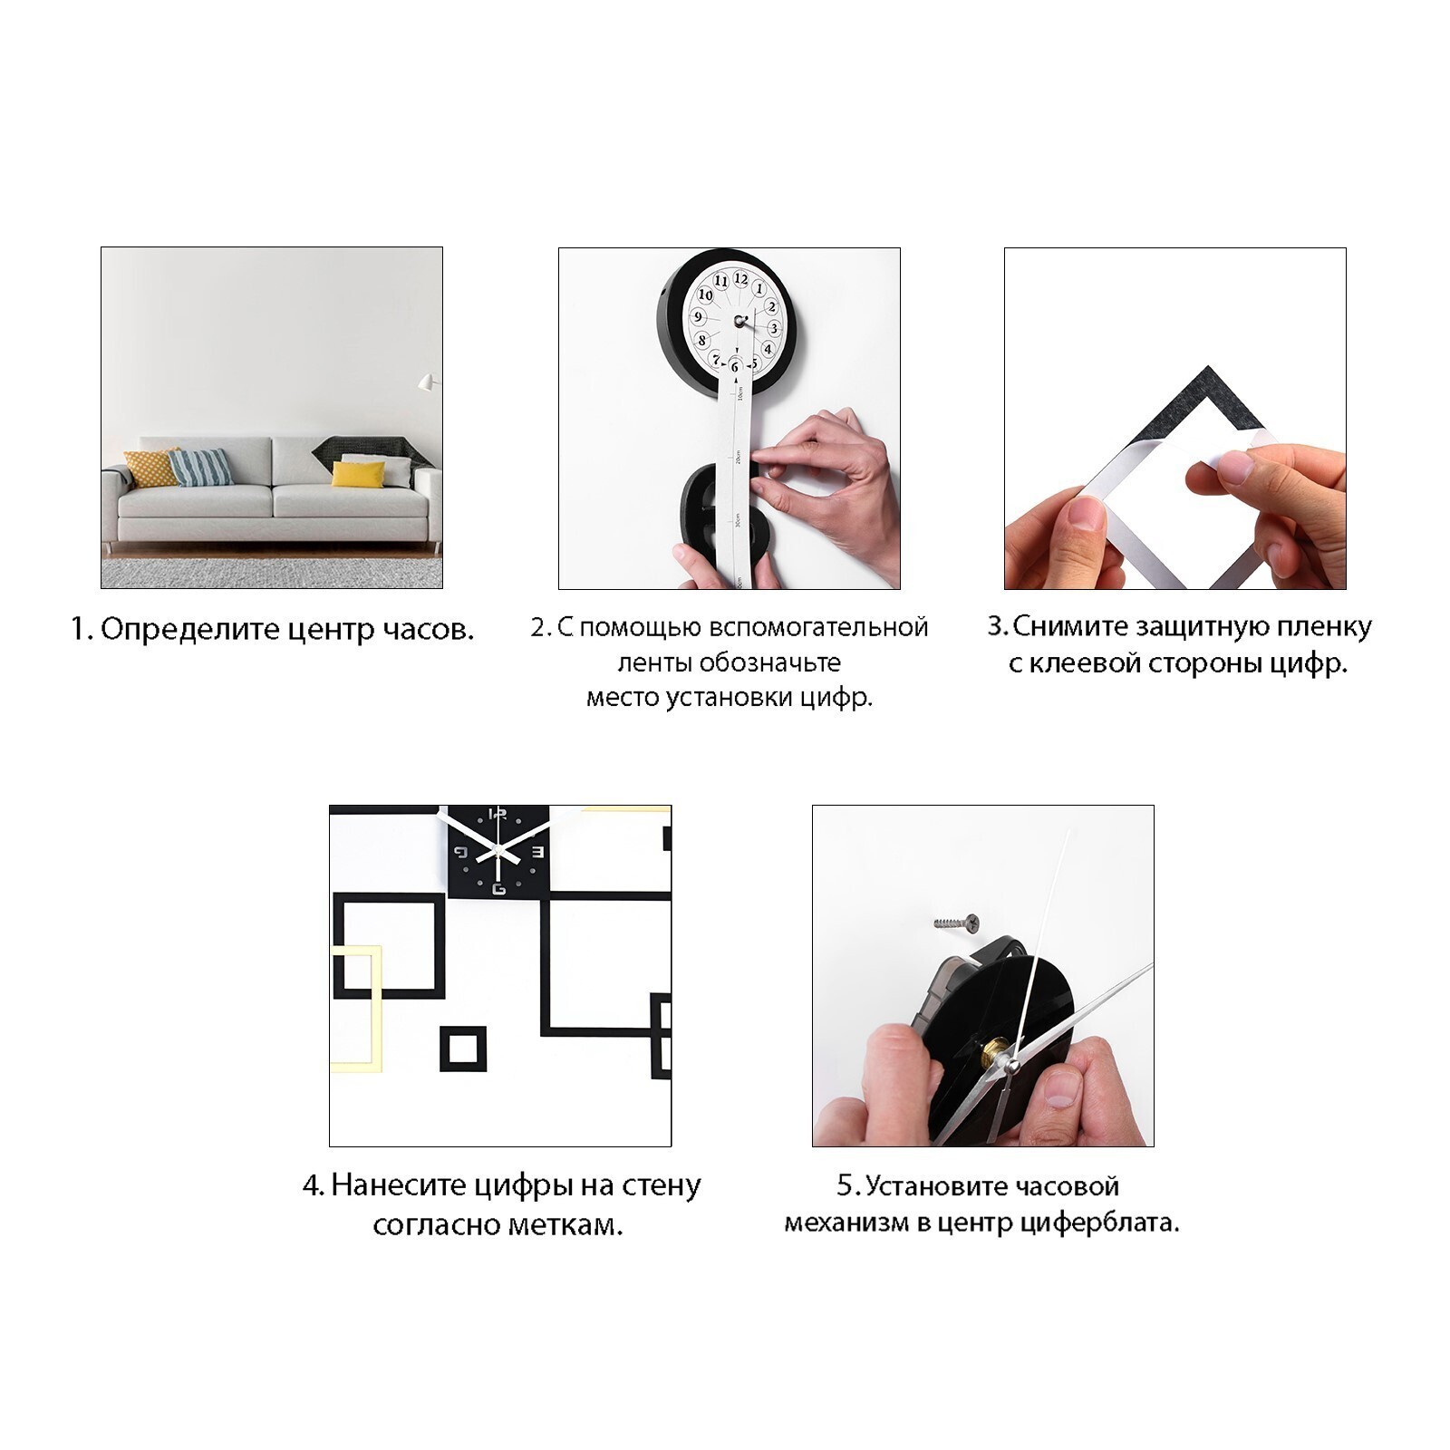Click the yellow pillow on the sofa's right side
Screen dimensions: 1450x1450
[x=357, y=474]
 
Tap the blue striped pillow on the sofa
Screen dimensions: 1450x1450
[x=201, y=468]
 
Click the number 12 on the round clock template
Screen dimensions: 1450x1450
[x=741, y=279]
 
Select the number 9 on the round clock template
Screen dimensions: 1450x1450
[x=698, y=317]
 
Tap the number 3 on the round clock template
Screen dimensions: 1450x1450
[x=773, y=328]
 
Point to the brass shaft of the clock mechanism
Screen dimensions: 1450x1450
[x=995, y=1055]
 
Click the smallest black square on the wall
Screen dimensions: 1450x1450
[x=463, y=1049]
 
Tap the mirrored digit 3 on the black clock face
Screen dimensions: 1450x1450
[x=536, y=852]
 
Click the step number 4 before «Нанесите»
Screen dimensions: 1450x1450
[x=312, y=1185]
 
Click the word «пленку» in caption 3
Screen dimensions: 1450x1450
[x=1324, y=627]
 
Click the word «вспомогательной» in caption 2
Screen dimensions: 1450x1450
[x=817, y=627]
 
